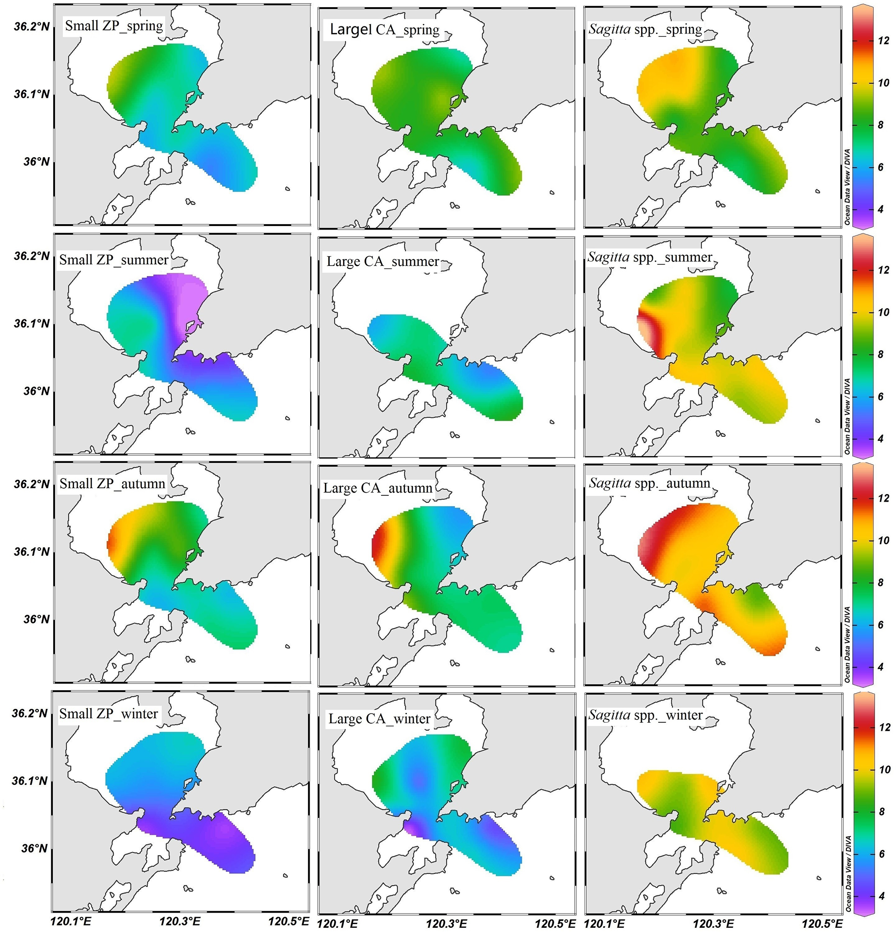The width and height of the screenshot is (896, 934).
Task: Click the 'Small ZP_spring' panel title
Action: coord(114,26)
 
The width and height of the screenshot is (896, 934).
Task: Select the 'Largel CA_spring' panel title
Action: coord(384,29)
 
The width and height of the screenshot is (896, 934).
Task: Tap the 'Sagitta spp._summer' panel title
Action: coord(650,257)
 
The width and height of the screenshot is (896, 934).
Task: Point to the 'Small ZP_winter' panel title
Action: coord(108,714)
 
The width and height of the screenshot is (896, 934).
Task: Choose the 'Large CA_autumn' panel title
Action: coord(377,488)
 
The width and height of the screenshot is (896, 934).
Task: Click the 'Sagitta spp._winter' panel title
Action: coord(646,715)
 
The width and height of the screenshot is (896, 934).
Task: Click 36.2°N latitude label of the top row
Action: coord(31,27)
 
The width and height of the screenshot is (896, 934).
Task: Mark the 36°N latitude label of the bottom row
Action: coord(34,849)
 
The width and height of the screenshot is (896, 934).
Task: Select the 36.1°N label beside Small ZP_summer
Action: coord(31,323)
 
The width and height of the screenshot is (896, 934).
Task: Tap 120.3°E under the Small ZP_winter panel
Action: coord(180,921)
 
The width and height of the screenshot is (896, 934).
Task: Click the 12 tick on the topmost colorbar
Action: coord(884,41)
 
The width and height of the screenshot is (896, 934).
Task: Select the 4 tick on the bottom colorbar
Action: coord(882,896)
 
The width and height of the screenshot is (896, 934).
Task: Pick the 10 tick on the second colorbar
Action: coord(884,313)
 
